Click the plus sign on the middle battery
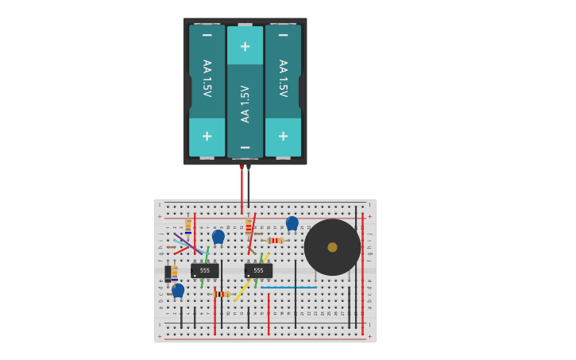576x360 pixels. click(245, 46)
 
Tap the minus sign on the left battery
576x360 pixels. click(207, 35)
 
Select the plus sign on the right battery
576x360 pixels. click(283, 136)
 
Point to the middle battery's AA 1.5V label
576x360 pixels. click(245, 103)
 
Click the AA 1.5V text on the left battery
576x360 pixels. click(207, 78)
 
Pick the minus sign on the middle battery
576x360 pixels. click(245, 148)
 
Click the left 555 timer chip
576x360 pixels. click(205, 271)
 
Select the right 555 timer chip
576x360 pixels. click(258, 271)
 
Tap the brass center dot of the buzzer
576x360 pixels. click(332, 247)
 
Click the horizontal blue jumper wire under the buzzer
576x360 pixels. click(289, 287)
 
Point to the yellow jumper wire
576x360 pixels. click(245, 288)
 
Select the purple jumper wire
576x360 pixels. click(187, 243)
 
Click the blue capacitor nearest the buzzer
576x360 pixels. click(292, 223)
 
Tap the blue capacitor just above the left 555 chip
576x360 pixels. click(218, 236)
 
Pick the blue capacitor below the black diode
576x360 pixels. click(178, 290)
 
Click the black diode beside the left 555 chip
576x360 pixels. click(168, 273)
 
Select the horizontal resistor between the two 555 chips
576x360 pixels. click(222, 294)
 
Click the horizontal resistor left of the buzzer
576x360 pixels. click(275, 240)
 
